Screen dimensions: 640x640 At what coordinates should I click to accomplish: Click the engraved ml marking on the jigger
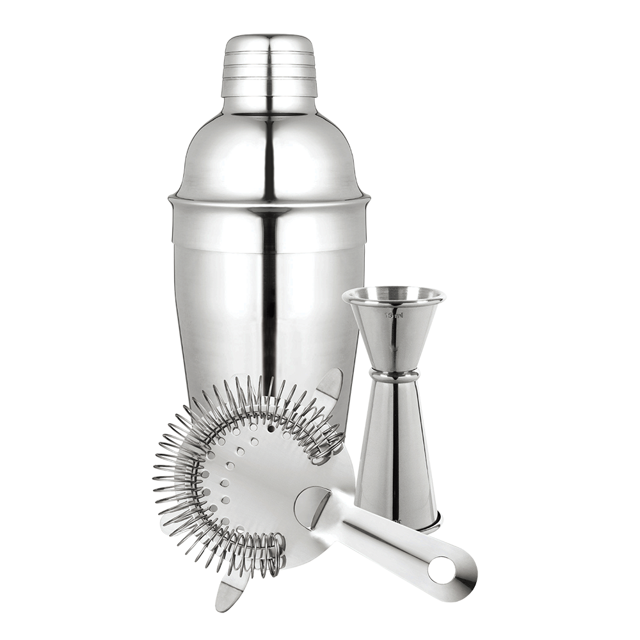[x=391, y=316]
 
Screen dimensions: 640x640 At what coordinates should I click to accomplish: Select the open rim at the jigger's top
[x=391, y=294]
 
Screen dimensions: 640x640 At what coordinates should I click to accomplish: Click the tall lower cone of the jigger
[x=397, y=448]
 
